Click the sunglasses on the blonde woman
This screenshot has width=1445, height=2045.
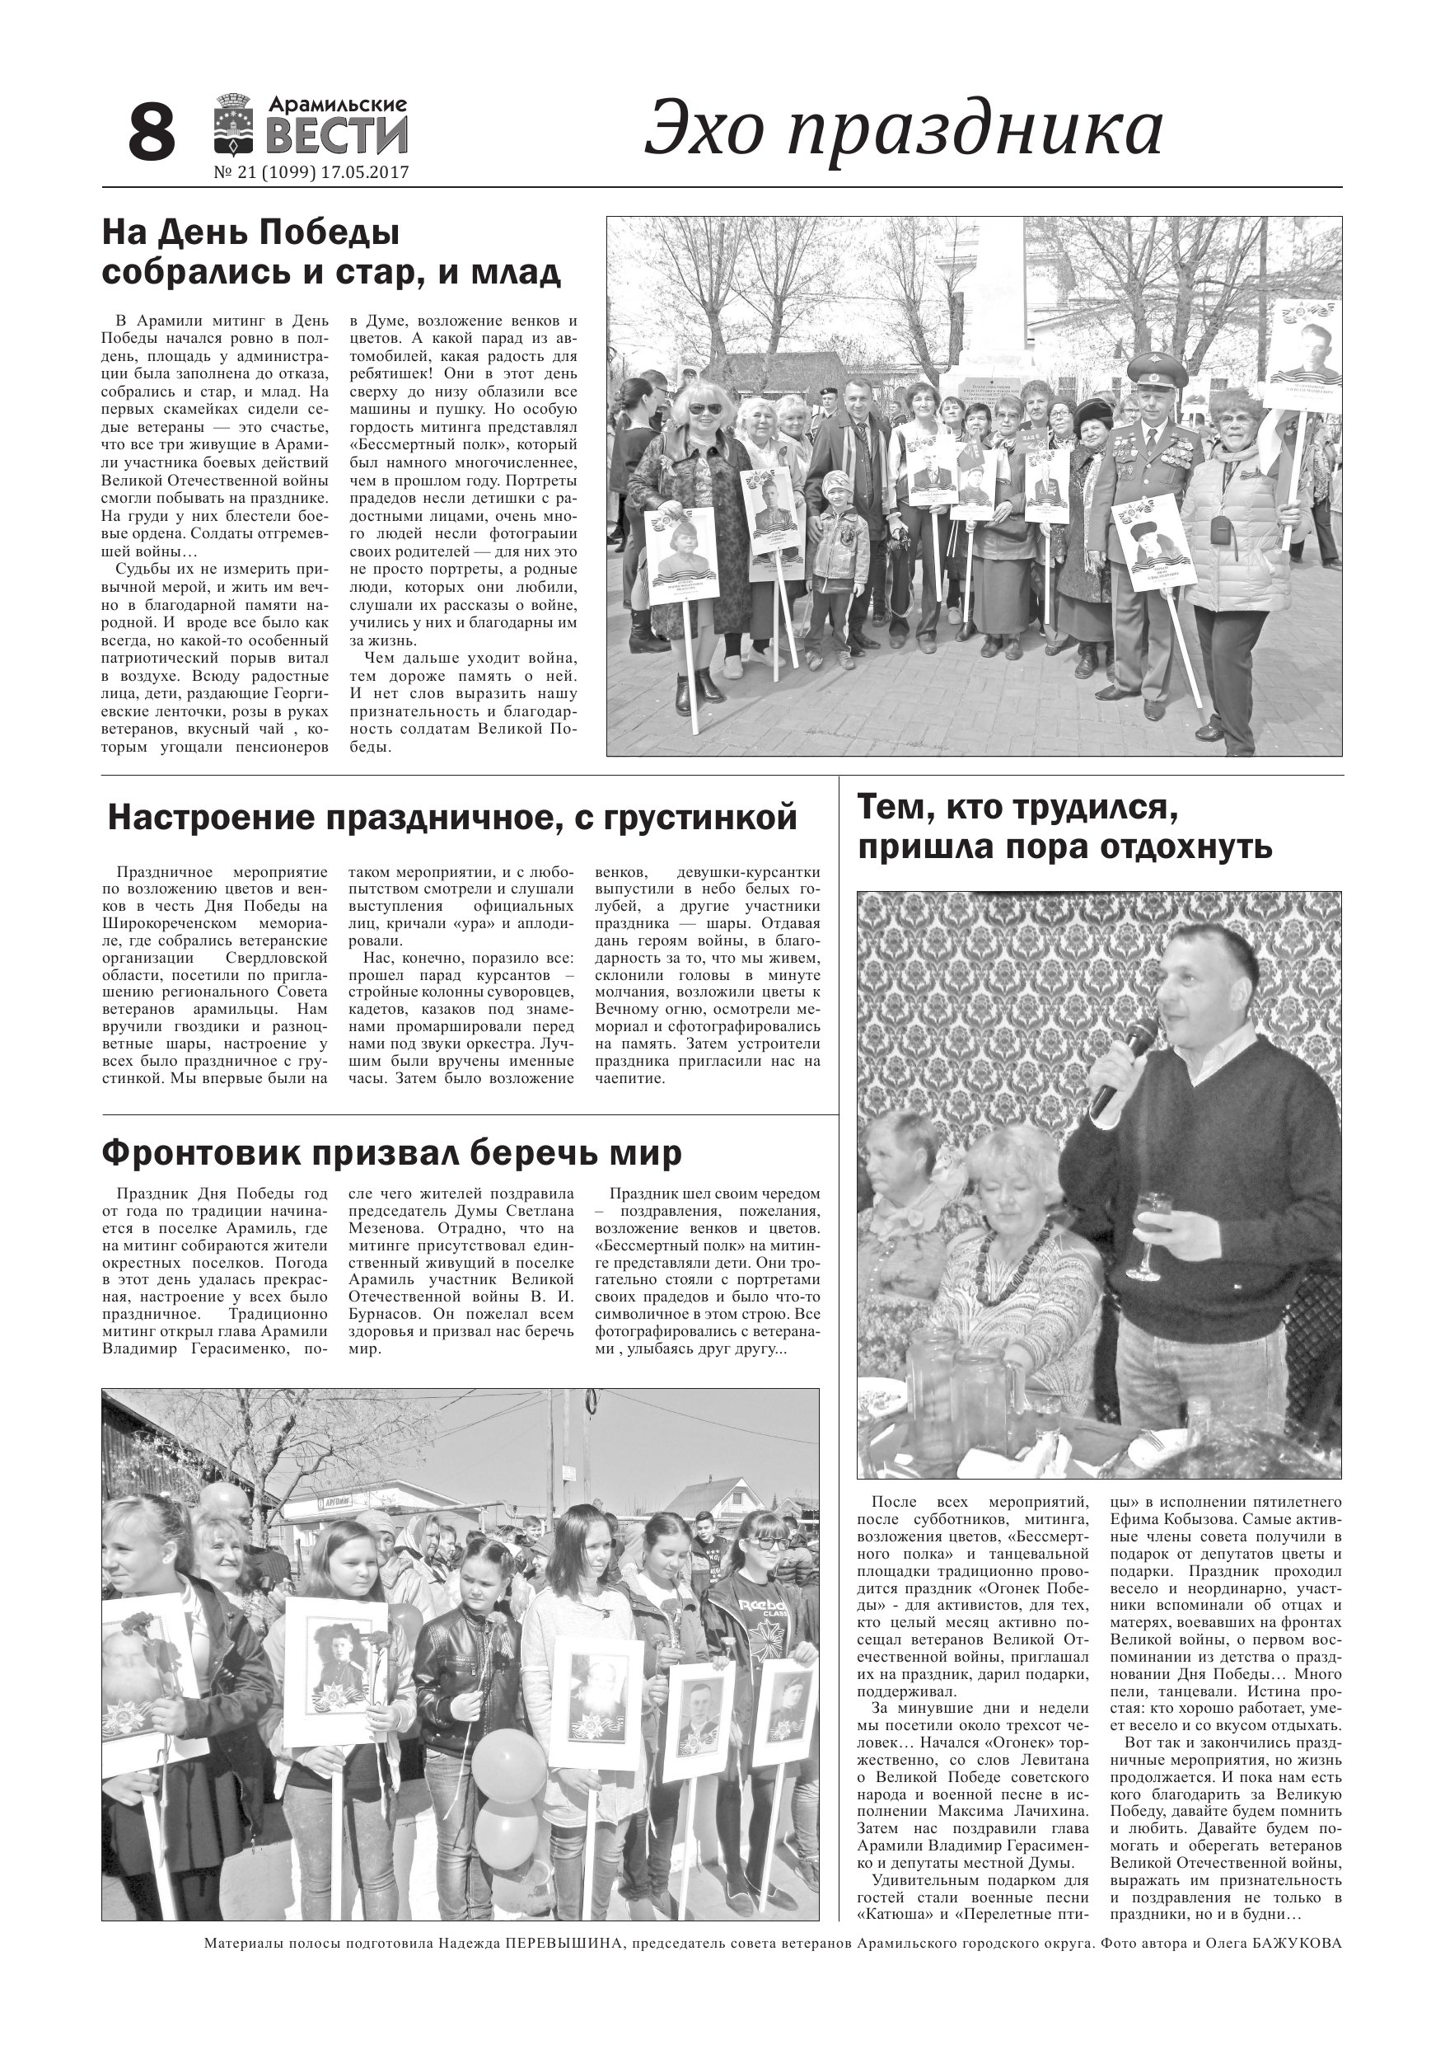706,409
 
